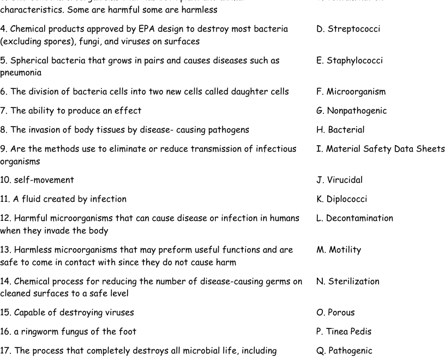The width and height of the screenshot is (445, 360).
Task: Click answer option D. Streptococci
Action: point(348,29)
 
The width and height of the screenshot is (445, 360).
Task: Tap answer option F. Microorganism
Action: point(351,92)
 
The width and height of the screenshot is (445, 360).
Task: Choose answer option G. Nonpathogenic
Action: point(351,111)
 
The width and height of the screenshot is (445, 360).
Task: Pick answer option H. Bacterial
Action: point(340,130)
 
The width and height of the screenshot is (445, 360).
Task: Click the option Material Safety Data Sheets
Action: point(380,149)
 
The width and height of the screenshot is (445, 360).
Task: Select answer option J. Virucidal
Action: point(339,180)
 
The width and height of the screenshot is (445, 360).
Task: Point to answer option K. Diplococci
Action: point(341,199)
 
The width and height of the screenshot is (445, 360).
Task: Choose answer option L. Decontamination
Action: point(354,218)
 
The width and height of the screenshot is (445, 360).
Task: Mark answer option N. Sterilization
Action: point(347,281)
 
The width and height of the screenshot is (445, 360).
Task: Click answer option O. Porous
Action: point(335,313)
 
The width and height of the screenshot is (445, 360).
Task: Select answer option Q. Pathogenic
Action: point(344,351)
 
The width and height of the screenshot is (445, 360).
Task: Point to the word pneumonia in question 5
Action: point(21,73)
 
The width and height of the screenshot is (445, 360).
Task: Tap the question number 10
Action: point(6,180)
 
